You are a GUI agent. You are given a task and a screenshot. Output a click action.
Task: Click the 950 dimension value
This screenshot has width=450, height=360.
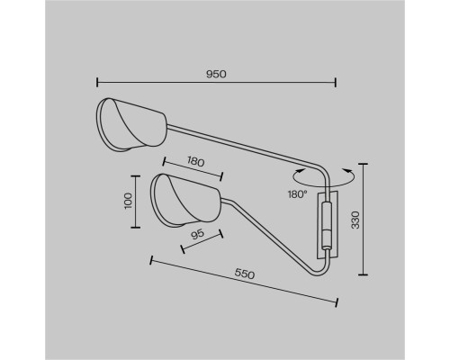(x=216, y=74)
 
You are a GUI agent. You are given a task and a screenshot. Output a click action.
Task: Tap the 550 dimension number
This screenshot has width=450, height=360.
(x=245, y=274)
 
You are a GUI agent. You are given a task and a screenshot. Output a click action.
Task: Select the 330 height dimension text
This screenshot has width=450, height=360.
(x=355, y=220)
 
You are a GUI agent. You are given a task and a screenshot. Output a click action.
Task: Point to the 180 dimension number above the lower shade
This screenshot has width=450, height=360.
(x=196, y=162)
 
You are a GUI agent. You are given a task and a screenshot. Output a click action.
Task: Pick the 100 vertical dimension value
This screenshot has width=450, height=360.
(x=128, y=201)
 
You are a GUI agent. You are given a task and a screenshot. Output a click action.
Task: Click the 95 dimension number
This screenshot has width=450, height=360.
(x=198, y=234)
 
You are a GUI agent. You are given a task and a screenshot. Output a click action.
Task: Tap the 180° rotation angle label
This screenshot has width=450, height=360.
(x=298, y=194)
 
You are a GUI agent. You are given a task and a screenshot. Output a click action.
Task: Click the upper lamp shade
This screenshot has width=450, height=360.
(x=130, y=125)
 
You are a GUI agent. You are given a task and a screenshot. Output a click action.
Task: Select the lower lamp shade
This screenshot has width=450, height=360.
(x=185, y=201)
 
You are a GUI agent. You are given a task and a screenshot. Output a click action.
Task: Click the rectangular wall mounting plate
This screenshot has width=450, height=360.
(x=328, y=224)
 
